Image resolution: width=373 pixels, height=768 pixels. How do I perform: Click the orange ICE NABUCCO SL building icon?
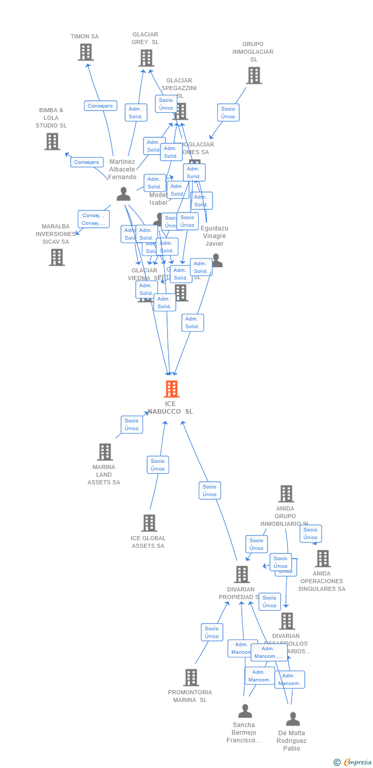click(171, 389)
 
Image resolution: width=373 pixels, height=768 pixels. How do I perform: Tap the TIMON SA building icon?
click(86, 52)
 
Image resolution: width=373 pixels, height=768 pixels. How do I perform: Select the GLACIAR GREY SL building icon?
click(146, 58)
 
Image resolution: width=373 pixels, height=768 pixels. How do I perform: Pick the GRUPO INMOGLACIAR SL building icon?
click(254, 76)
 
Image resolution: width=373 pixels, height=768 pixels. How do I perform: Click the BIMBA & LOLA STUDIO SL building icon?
click(52, 141)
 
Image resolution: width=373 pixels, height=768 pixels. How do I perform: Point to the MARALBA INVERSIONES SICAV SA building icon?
click(57, 257)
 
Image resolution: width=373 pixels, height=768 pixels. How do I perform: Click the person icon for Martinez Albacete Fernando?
click(123, 194)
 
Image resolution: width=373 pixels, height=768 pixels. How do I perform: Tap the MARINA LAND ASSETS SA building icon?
click(105, 452)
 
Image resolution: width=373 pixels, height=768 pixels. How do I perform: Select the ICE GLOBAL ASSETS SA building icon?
click(149, 523)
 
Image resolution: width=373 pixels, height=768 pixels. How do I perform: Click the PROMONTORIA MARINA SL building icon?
click(191, 677)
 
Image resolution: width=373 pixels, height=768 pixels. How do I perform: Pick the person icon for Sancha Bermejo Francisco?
click(245, 711)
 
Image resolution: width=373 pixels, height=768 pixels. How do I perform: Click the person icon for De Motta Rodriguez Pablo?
click(293, 719)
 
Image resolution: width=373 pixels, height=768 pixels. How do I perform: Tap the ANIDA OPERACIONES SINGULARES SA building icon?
click(322, 559)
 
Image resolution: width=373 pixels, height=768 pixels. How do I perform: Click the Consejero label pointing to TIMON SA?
click(100, 106)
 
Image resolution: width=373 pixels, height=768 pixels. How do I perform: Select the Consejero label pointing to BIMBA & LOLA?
click(87, 162)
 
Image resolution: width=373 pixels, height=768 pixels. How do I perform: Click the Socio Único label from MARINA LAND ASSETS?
click(132, 424)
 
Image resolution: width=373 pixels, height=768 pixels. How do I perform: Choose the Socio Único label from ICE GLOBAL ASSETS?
click(158, 465)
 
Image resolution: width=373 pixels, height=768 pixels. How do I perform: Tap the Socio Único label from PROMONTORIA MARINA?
click(212, 632)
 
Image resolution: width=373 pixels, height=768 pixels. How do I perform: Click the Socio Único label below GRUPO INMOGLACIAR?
click(228, 113)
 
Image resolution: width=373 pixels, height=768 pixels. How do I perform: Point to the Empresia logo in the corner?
click(353, 762)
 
